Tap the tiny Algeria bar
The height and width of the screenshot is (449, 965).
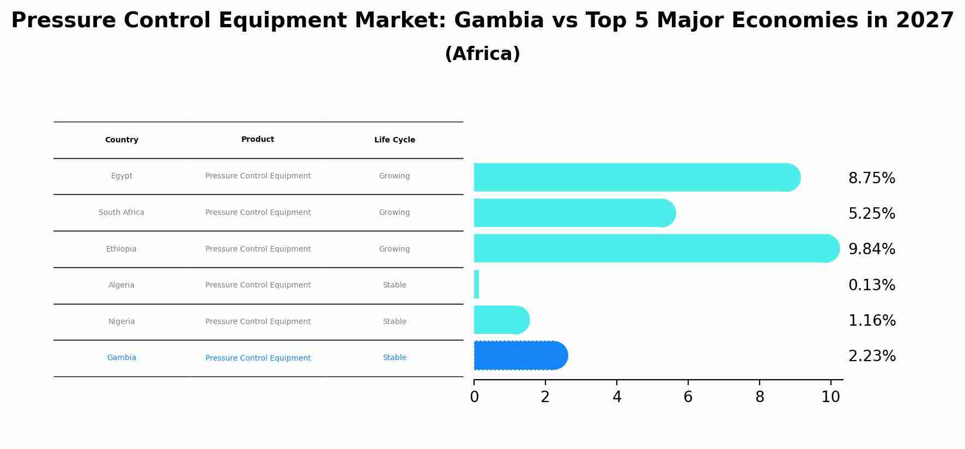click(476, 284)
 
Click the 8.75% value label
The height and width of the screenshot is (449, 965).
click(871, 178)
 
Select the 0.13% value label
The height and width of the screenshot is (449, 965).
click(871, 285)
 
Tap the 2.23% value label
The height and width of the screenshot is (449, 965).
click(872, 356)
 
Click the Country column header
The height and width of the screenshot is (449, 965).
click(122, 140)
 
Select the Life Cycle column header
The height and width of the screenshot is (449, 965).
click(395, 140)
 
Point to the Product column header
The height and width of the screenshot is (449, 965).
click(258, 140)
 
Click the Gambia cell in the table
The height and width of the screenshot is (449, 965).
click(122, 358)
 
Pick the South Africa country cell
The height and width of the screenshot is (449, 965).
click(122, 213)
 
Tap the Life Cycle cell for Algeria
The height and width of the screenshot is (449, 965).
click(395, 285)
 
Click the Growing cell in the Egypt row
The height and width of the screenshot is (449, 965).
click(395, 176)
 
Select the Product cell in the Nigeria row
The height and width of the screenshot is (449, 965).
click(258, 322)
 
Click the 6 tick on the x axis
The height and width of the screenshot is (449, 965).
click(688, 397)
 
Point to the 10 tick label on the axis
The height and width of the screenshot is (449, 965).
click(830, 397)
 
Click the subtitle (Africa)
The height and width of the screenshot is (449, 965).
click(482, 54)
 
